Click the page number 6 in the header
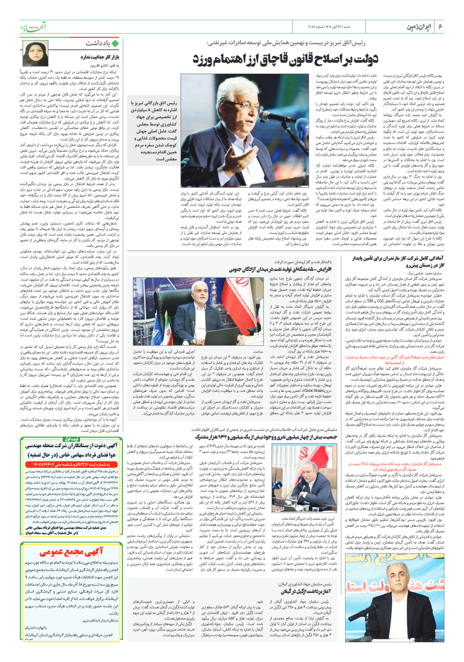pyautogui.click(x=440, y=27)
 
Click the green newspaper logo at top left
pyautogui.click(x=32, y=26)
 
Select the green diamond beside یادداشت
pyautogui.click(x=115, y=43)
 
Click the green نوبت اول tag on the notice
pyautogui.click(x=71, y=439)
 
